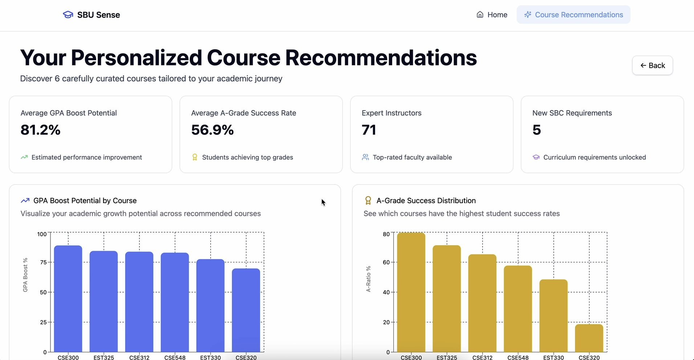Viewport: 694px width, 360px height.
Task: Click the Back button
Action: (x=652, y=65)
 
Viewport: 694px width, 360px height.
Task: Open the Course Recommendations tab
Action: (x=573, y=15)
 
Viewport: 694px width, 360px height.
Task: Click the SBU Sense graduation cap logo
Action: (x=68, y=15)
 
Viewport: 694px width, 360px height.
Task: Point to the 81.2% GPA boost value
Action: (x=40, y=130)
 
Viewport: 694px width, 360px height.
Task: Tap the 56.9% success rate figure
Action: (x=212, y=130)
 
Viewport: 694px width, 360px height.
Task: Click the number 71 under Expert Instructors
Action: (x=369, y=130)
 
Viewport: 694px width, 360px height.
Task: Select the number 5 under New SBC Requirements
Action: (x=536, y=130)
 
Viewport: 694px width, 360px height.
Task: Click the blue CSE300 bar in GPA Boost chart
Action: (x=68, y=298)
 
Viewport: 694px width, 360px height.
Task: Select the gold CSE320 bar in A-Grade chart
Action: (x=589, y=337)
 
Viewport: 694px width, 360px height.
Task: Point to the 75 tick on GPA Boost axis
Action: (x=43, y=262)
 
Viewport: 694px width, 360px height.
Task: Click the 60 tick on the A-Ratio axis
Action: (x=386, y=262)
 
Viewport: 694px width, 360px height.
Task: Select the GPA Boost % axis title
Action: (x=25, y=275)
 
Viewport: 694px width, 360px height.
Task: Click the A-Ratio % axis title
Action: (x=368, y=279)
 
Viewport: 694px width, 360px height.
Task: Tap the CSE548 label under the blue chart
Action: (x=175, y=357)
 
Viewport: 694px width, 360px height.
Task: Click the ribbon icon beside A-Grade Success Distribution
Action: (x=368, y=200)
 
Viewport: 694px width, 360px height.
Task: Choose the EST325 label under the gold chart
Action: (x=447, y=357)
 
